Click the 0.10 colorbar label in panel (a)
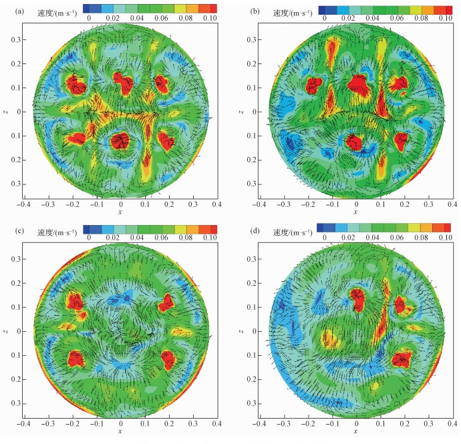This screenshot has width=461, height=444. [x=210, y=19]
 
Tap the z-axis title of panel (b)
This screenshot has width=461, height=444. [x=249, y=111]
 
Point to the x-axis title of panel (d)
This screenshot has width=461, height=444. [x=355, y=432]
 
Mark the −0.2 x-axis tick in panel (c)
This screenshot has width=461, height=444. [x=73, y=423]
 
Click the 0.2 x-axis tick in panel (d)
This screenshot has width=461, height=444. [x=404, y=423]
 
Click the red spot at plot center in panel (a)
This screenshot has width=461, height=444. [x=120, y=140]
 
